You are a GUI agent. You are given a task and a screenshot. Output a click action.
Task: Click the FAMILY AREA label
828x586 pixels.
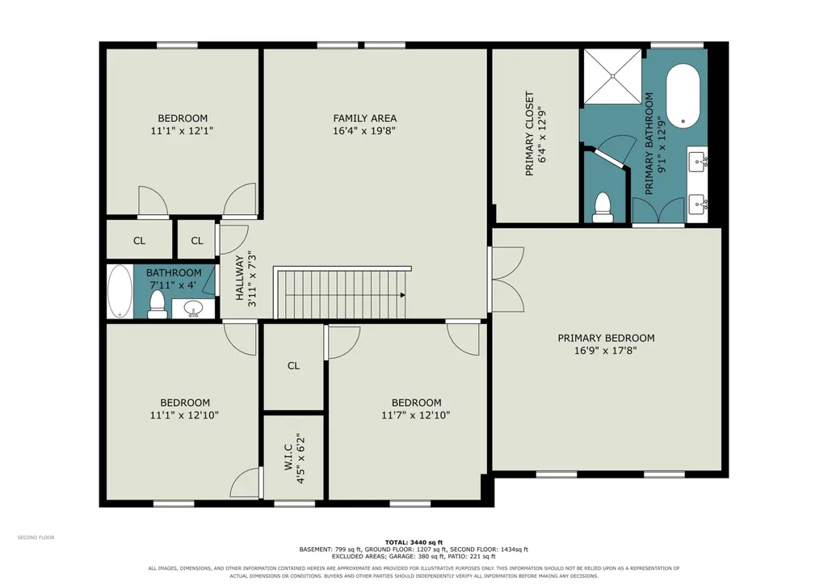[364, 118]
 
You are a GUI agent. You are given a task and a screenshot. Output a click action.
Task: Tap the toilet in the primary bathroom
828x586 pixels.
[603, 207]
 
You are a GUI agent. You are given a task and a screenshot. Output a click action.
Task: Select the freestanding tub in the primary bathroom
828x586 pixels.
[683, 95]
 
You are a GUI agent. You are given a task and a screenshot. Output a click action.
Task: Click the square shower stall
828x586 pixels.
[612, 77]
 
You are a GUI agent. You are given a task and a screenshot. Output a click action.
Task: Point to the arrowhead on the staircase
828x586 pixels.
[403, 295]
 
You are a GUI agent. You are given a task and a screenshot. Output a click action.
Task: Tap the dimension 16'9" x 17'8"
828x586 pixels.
[606, 350]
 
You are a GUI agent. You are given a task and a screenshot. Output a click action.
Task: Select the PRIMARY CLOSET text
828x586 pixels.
[529, 133]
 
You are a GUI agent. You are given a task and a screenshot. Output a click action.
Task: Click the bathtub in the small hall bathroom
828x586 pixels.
[120, 292]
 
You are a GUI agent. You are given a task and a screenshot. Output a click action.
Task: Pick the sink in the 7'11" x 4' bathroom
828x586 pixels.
[194, 309]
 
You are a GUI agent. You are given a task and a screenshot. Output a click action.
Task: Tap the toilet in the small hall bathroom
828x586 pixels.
[158, 305]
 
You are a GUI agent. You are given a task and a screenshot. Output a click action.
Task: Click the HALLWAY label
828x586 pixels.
[240, 278]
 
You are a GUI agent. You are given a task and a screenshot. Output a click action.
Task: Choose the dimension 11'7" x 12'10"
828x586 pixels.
[415, 415]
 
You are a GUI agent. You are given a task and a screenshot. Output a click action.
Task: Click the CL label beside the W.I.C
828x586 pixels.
[293, 365]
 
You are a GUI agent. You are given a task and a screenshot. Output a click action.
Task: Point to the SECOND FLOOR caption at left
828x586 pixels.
[36, 538]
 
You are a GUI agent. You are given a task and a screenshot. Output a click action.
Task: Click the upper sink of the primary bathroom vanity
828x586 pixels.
[698, 159]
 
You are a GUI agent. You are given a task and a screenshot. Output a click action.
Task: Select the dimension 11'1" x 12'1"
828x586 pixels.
[183, 130]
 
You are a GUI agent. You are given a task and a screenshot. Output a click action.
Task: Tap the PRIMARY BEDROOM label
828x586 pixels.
[606, 338]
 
